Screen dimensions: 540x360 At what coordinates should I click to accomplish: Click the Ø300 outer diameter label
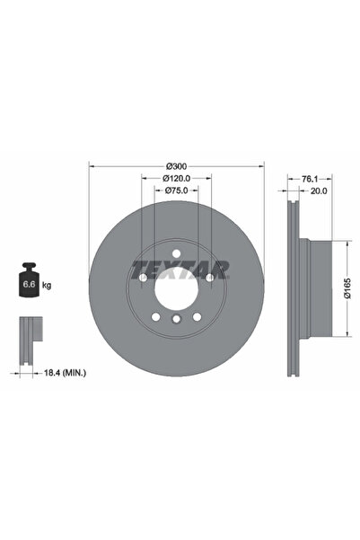(177, 166)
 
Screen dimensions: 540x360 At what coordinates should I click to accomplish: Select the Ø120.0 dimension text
(177, 179)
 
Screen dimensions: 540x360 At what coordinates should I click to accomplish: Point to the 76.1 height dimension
(311, 179)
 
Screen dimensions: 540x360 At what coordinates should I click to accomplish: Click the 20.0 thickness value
(319, 191)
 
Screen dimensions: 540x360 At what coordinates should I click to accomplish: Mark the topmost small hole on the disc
(177, 252)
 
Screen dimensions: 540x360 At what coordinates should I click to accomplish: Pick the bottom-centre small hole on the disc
(177, 321)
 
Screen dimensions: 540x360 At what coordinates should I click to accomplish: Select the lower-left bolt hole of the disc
(156, 316)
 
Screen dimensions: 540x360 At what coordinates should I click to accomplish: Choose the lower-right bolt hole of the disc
(198, 316)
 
